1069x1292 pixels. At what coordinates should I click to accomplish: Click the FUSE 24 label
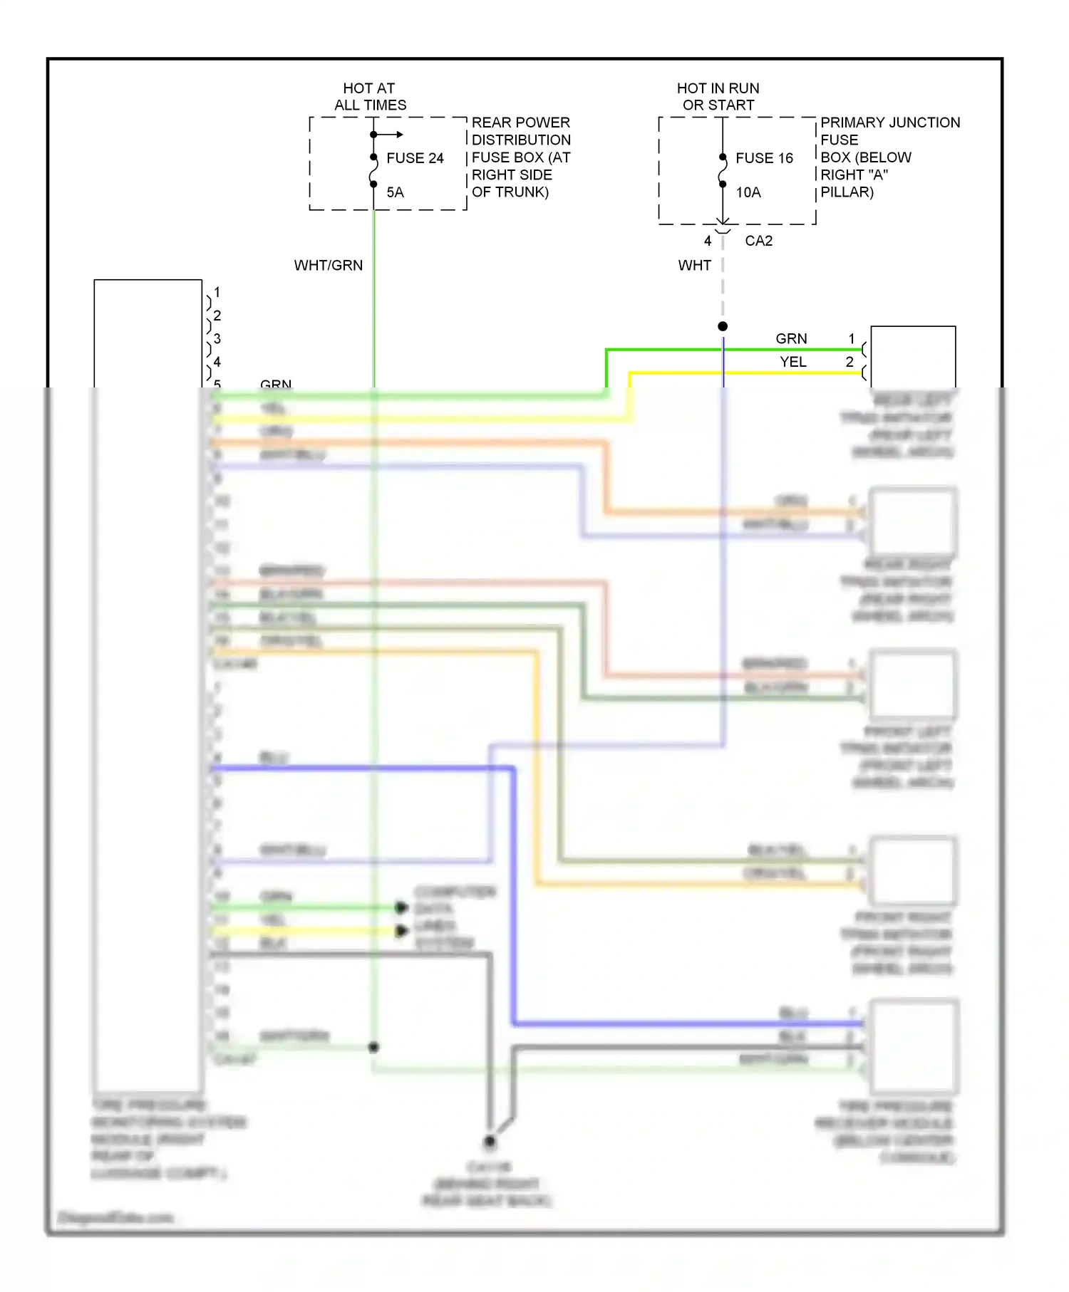click(415, 158)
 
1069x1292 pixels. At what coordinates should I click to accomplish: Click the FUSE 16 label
click(764, 158)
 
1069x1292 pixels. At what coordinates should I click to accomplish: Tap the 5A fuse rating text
click(395, 192)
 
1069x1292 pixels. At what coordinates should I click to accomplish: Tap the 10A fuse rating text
click(748, 192)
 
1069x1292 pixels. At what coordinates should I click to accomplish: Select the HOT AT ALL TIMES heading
click(370, 96)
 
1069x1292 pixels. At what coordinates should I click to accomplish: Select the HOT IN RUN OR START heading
click(718, 96)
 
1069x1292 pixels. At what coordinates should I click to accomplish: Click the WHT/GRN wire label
click(329, 265)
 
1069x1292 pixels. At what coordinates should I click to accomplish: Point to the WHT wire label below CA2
click(694, 265)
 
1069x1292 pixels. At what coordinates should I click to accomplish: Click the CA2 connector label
click(758, 241)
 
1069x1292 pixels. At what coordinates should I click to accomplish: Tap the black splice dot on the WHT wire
click(723, 326)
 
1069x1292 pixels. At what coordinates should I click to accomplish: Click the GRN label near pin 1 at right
click(791, 339)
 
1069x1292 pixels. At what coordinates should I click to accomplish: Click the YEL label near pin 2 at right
click(792, 362)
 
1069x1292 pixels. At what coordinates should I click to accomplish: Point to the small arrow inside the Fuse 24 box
click(398, 134)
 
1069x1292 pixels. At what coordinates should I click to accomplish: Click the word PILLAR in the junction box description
click(847, 192)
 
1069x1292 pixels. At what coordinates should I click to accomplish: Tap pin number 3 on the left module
click(217, 339)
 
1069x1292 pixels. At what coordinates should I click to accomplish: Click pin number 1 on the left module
click(217, 292)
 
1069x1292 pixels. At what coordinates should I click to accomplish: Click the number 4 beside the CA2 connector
click(708, 241)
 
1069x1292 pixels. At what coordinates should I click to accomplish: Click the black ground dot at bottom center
click(490, 1142)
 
